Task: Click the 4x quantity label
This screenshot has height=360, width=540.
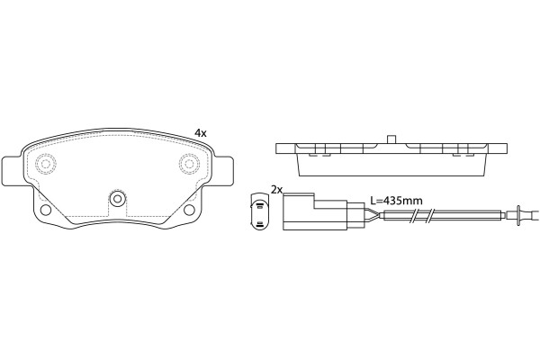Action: (201, 132)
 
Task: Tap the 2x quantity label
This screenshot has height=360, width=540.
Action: (276, 190)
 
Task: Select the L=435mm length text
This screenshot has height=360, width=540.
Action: (396, 200)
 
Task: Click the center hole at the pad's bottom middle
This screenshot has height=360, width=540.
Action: (118, 198)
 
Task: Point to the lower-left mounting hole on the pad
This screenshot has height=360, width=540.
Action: (46, 210)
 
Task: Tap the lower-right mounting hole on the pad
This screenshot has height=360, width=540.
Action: (189, 210)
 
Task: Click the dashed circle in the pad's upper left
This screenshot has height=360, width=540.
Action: (46, 163)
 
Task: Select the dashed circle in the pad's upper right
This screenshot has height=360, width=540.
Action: (189, 163)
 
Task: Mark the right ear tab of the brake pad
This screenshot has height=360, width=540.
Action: (223, 171)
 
